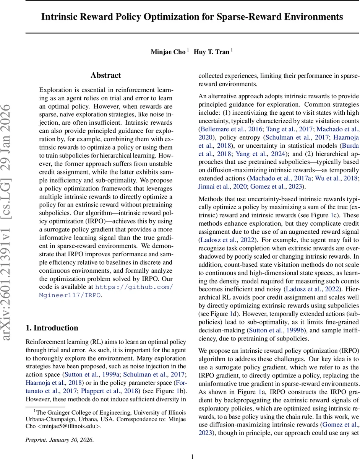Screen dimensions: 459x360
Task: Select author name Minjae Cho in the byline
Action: [x=168, y=52]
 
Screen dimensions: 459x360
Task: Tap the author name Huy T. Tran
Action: [x=211, y=52]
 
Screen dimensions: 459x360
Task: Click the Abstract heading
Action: [x=105, y=75]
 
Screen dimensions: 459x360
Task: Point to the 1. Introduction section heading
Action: [x=52, y=328]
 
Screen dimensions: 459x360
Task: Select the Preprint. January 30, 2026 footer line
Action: [x=59, y=440]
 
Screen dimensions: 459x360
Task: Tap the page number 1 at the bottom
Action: [x=193, y=456]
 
